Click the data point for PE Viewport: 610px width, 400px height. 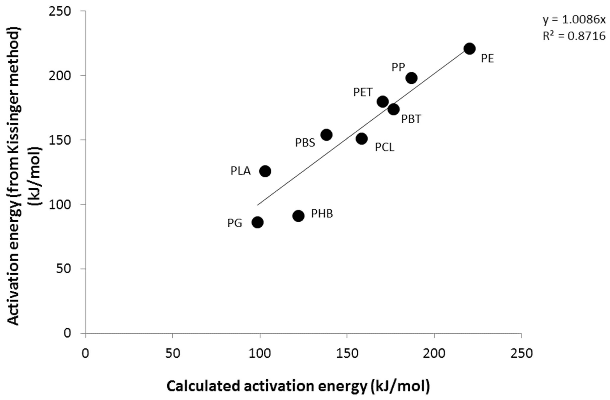click(470, 49)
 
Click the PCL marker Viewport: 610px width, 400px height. click(362, 139)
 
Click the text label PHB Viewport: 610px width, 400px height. click(322, 214)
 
